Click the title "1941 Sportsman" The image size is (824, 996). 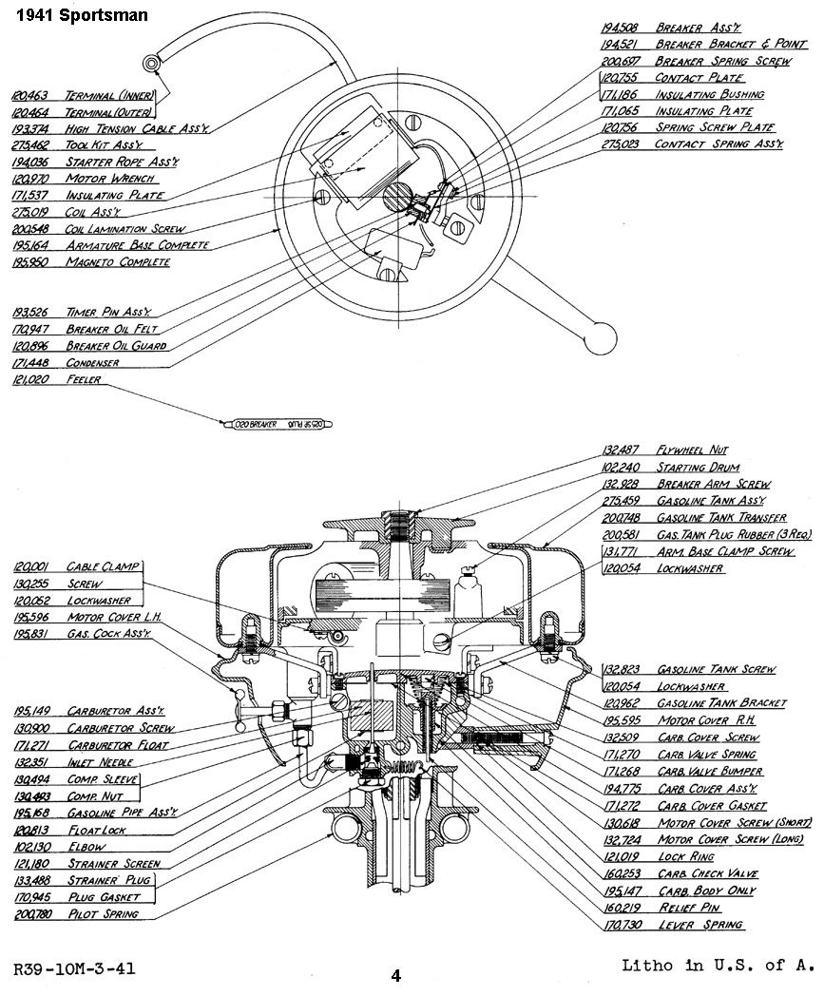pyautogui.click(x=74, y=15)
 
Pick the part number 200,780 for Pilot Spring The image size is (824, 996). pyautogui.click(x=33, y=914)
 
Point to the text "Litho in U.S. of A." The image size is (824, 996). pyautogui.click(x=718, y=966)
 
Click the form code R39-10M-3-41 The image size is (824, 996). pyautogui.click(x=73, y=969)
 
